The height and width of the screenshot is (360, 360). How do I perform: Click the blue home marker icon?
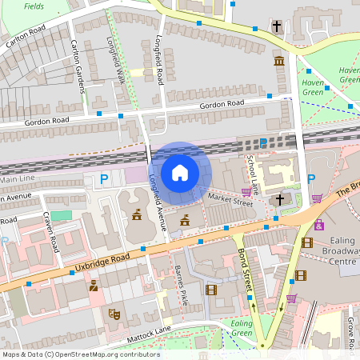[x=180, y=173]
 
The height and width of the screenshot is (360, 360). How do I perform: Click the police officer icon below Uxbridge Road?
[x=94, y=285]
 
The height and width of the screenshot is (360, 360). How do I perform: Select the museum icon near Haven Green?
[x=278, y=62]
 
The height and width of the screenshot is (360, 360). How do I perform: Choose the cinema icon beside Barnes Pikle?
[x=210, y=290]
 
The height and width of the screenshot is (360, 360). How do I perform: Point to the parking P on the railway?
[x=263, y=143]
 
